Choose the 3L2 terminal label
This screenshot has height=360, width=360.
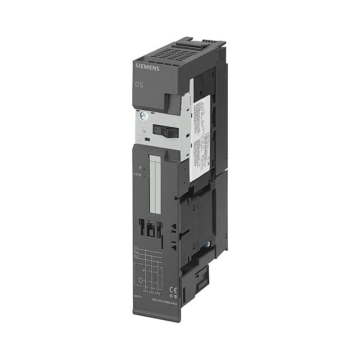point(136,252)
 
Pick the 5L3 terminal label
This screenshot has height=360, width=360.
point(136,256)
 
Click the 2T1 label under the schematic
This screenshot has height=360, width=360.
point(145,292)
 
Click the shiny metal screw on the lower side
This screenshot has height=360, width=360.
point(208,245)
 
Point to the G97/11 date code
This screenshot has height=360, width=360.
point(138,297)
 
